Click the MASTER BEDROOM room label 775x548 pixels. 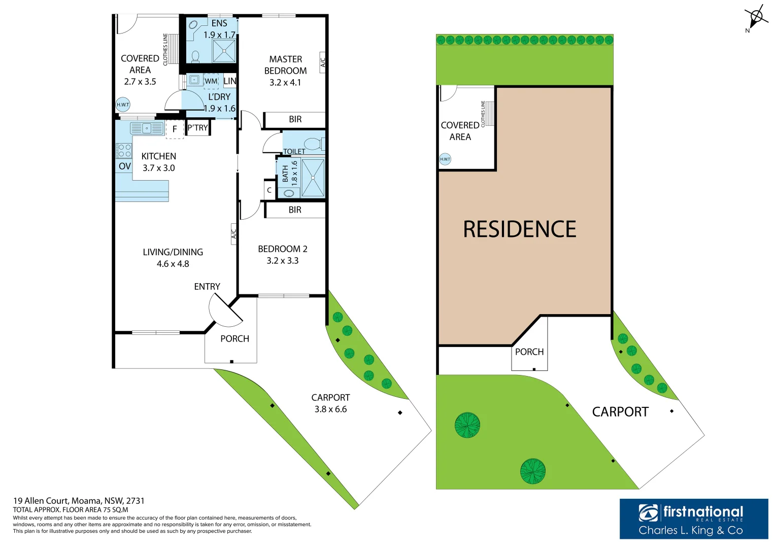coord(285,65)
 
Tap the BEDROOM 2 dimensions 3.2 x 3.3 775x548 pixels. coord(282,261)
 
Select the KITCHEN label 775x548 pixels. coord(159,156)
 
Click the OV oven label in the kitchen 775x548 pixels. coord(124,166)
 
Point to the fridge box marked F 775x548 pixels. coord(175,129)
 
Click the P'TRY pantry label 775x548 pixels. coord(198,128)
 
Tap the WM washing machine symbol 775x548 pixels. coord(211,81)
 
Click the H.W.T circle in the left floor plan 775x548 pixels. coord(123,105)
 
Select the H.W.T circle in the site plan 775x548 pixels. coord(445,159)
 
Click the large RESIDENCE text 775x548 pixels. coord(519,229)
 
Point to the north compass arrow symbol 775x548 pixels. coord(756,18)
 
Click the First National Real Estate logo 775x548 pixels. coord(693,519)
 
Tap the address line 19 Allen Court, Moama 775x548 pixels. coord(79,501)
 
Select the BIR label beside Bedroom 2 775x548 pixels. coord(295,210)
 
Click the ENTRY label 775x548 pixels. coord(207,287)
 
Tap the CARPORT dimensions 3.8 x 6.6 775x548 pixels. coord(330,409)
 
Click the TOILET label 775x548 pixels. coord(294,151)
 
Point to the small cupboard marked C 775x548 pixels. coord(269,190)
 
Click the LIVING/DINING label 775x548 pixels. coord(173,252)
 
